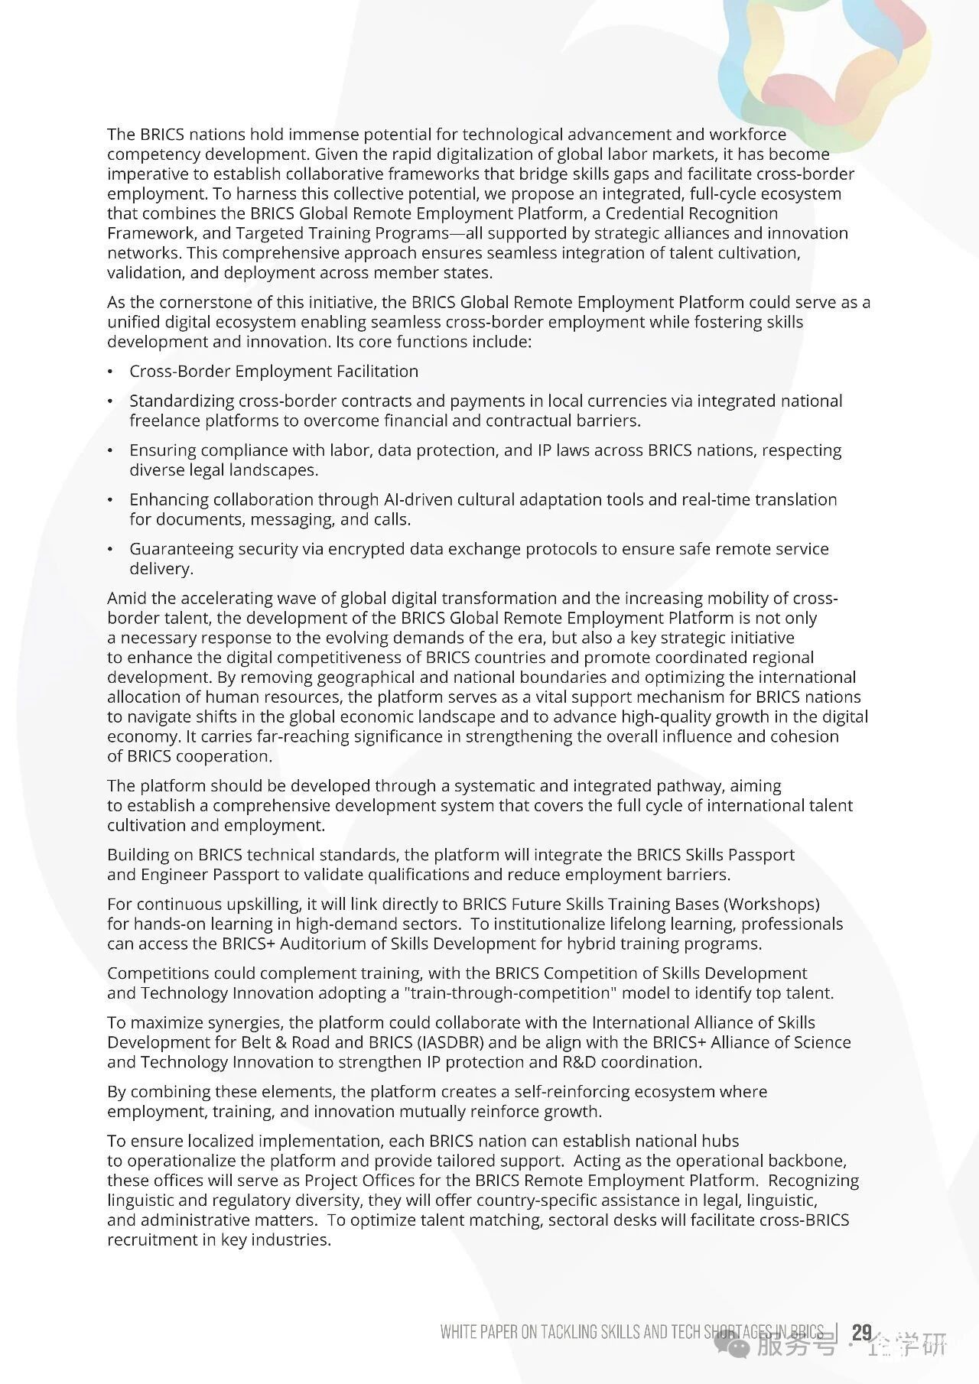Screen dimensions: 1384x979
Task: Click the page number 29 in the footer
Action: click(x=861, y=1333)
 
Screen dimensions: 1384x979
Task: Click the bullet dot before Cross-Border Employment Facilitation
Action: click(x=111, y=372)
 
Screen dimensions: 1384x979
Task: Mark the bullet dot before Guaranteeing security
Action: click(x=111, y=550)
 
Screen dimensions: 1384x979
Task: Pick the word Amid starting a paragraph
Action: click(x=125, y=598)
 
